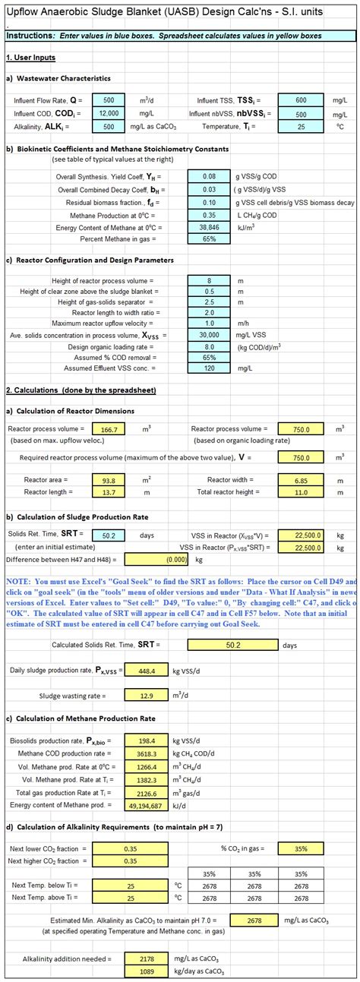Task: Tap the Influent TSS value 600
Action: [302, 99]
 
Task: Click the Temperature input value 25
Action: [302, 127]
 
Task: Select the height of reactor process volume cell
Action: [210, 280]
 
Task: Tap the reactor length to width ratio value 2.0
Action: [210, 312]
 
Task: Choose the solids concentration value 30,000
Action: [210, 335]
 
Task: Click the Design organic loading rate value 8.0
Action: [210, 346]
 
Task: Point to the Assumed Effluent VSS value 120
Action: [210, 368]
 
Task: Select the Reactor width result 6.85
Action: [302, 480]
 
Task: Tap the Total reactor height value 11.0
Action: [302, 492]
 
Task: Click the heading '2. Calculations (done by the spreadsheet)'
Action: [80, 390]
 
